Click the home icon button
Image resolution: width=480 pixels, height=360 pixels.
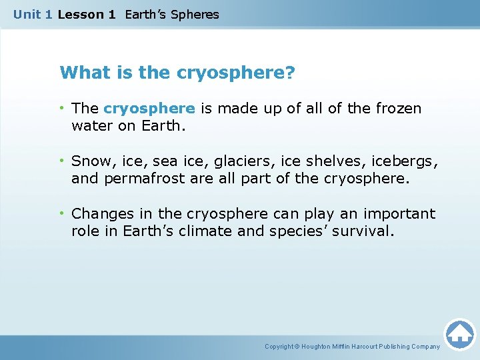point(459,333)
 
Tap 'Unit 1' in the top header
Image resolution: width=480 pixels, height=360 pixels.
point(33,14)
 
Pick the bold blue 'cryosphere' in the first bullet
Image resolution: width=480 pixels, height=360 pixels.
point(149,108)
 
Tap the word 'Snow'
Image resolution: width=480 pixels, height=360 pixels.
point(88,161)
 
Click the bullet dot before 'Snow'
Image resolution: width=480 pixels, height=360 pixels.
point(63,161)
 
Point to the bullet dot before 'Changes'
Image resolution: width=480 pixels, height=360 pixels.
point(63,213)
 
